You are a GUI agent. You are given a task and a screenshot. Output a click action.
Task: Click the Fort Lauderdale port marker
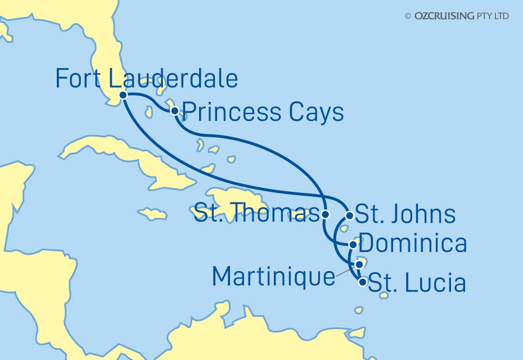[123, 95]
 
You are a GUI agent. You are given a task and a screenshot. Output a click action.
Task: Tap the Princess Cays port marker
[175, 111]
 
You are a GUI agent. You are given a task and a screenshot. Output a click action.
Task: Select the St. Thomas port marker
[325, 214]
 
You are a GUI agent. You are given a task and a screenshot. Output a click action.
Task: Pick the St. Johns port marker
[349, 215]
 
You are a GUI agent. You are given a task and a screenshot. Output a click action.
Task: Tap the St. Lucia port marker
[363, 282]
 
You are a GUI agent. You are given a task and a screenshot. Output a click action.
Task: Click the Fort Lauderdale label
[146, 79]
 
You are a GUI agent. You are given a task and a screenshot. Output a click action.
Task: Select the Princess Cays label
[263, 112]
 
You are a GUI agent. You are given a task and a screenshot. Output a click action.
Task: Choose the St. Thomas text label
[252, 214]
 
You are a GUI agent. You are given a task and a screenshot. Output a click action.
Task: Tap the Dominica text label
[412, 244]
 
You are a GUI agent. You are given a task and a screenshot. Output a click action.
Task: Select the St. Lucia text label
[417, 283]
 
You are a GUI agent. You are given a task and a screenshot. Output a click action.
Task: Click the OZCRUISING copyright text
[457, 16]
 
